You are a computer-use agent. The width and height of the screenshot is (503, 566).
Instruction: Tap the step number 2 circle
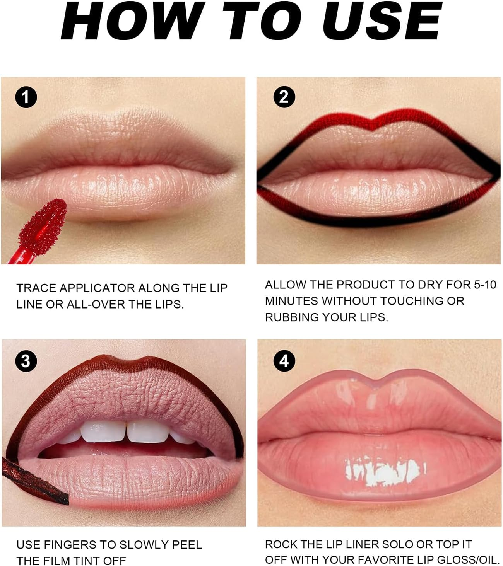point(284,97)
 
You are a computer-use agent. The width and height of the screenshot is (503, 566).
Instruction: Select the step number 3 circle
point(26,361)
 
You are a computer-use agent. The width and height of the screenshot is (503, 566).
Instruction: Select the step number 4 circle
point(284,361)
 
